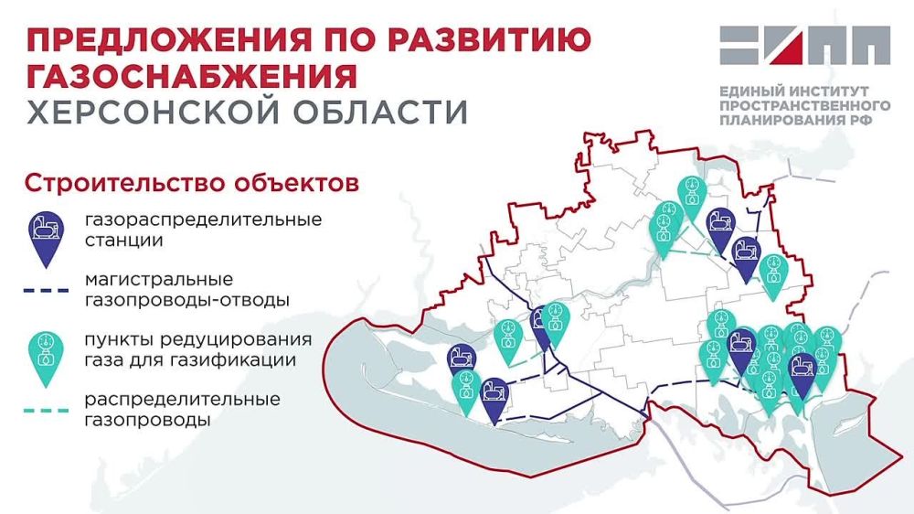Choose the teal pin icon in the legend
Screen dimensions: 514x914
click(x=44, y=354)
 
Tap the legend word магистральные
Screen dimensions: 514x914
click(x=159, y=280)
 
